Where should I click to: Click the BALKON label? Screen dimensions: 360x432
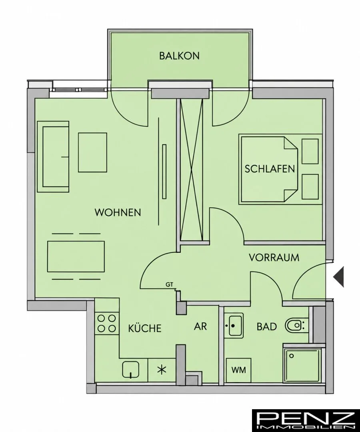tap(179, 56)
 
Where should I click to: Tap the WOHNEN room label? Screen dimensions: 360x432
tap(118, 212)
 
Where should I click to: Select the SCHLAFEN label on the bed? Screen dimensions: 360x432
tap(270, 169)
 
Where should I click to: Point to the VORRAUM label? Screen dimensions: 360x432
tap(274, 257)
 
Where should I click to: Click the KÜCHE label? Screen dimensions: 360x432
tap(145, 328)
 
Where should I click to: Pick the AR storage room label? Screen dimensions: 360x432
tap(200, 326)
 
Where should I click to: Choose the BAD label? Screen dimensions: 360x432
tap(267, 326)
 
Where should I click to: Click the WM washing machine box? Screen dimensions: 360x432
tap(238, 370)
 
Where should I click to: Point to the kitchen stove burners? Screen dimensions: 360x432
tap(106, 323)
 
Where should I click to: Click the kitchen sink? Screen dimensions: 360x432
tap(130, 370)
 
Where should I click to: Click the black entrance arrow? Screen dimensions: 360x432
tap(338, 277)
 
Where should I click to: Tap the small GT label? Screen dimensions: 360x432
tap(169, 285)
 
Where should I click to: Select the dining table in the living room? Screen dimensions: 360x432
tap(76, 256)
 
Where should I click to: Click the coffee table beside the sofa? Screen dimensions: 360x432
tap(92, 152)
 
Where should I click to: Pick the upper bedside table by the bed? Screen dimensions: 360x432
tap(310, 151)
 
